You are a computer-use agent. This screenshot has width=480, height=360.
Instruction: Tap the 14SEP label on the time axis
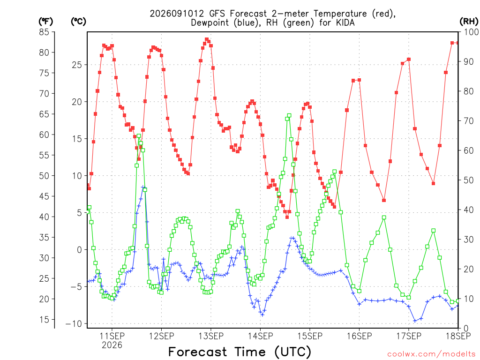click(x=260, y=336)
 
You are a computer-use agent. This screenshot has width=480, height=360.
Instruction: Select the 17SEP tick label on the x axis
click(x=409, y=336)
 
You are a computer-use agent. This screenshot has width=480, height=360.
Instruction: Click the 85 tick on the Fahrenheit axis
click(x=44, y=32)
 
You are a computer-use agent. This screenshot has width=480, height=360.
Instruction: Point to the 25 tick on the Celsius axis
click(x=77, y=65)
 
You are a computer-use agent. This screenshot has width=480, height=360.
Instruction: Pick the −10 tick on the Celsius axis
click(x=74, y=324)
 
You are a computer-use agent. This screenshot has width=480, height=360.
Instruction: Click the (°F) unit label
click(x=45, y=22)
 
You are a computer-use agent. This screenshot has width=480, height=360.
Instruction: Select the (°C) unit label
click(x=78, y=22)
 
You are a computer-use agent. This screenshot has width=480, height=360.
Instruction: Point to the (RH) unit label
click(x=469, y=22)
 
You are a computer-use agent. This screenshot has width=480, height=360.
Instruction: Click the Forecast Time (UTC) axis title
click(x=240, y=352)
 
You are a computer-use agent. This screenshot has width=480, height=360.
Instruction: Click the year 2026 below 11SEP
click(x=112, y=345)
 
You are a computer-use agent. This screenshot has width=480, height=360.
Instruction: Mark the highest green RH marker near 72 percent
click(x=289, y=116)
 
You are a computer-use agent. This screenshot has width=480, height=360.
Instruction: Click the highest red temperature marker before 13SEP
click(x=207, y=39)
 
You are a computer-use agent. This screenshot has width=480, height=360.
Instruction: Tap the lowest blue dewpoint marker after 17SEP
click(x=415, y=321)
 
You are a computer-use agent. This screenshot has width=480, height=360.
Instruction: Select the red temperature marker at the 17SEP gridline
click(x=409, y=60)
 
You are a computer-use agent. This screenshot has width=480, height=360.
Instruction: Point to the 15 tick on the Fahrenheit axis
click(x=44, y=320)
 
